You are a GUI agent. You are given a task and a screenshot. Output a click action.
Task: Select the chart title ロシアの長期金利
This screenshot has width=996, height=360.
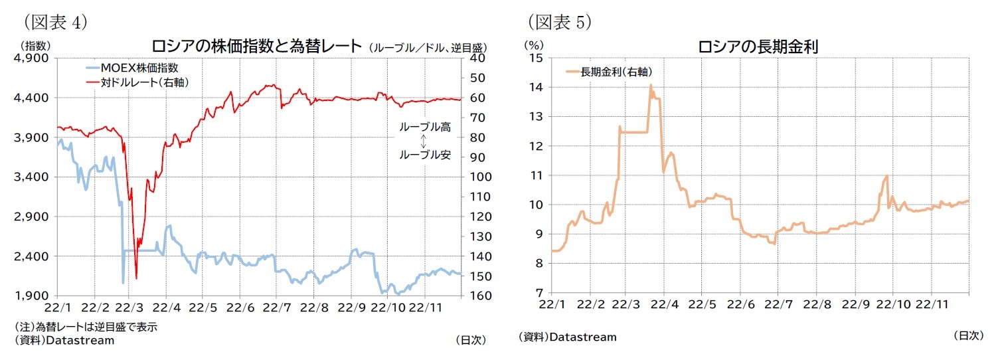757,47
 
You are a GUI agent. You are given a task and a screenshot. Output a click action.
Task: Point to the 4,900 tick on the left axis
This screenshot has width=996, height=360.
35,58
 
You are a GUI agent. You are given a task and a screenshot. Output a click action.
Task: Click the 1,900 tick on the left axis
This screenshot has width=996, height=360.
35,296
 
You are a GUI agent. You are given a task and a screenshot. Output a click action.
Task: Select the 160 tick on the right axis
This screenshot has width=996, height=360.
479,296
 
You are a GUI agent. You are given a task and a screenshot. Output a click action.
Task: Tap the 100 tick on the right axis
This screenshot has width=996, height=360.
479,177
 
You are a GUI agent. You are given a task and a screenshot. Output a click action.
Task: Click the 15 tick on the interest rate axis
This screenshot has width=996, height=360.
536,58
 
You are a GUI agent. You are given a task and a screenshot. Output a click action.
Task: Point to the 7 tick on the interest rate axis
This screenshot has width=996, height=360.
539,292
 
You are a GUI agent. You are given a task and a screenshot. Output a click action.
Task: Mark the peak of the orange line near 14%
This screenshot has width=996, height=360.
651,85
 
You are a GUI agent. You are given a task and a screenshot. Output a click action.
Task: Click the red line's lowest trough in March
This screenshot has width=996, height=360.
135,278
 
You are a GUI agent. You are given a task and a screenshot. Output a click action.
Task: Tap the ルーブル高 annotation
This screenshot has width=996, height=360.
424,128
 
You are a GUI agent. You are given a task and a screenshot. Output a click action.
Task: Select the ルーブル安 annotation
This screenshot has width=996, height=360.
424,155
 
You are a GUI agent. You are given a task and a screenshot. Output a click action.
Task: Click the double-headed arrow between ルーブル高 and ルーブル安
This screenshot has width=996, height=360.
424,141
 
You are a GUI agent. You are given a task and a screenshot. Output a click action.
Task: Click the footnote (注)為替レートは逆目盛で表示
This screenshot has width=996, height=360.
86,327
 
